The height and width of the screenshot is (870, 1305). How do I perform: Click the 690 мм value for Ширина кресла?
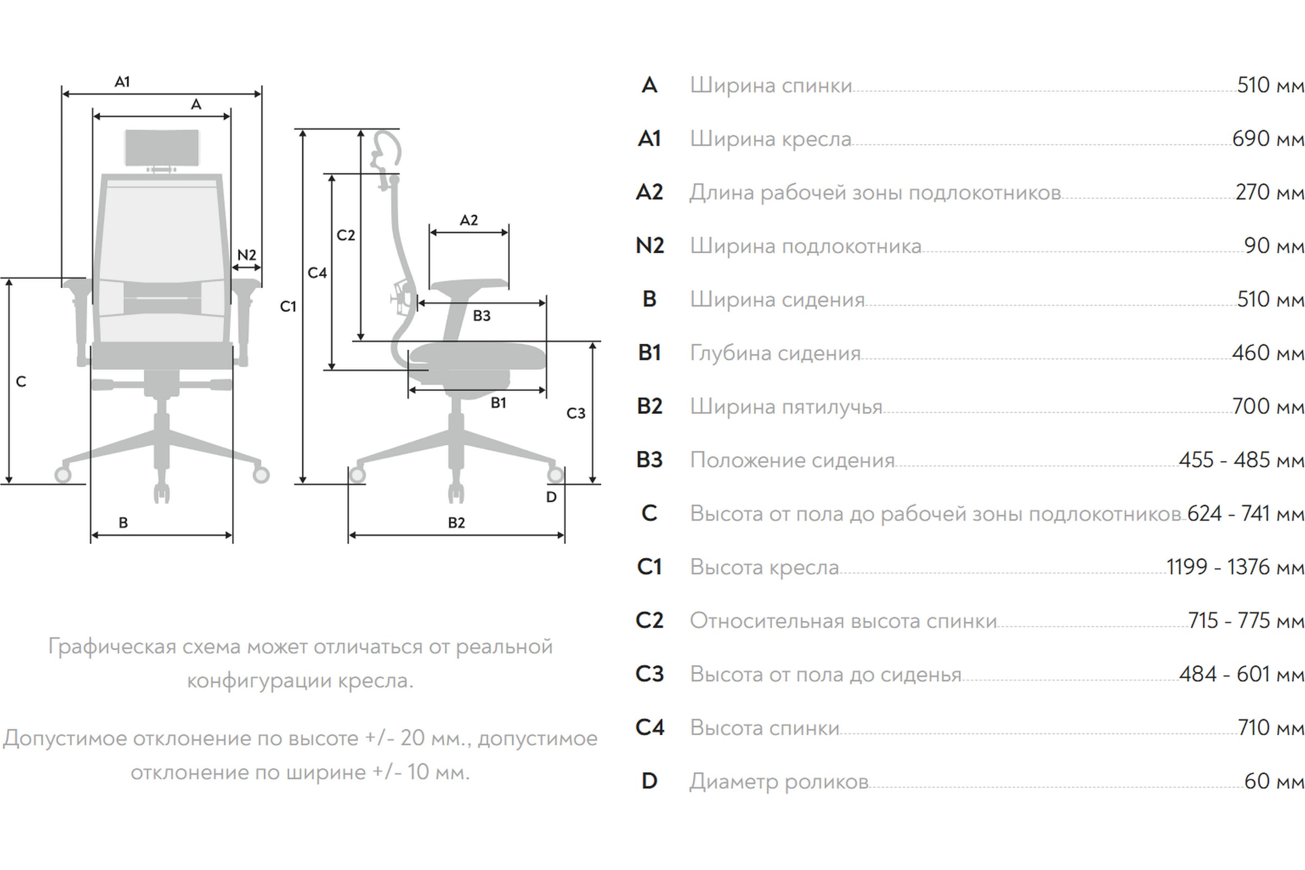point(1267,139)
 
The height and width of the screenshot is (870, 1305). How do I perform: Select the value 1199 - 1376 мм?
point(1234,567)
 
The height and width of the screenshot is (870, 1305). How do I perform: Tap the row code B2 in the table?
point(650,406)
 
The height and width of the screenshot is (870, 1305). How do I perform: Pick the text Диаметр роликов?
point(779,781)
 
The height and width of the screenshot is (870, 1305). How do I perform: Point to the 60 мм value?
point(1273,781)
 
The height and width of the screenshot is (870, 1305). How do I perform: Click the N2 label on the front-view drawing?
point(247,254)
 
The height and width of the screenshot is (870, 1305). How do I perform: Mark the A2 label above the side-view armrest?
point(469,220)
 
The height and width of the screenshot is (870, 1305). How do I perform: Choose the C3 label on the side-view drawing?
point(576,413)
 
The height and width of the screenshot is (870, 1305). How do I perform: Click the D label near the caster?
point(551,497)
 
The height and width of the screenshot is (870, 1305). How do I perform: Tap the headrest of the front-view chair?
point(162,147)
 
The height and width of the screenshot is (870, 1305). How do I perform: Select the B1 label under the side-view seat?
point(498,403)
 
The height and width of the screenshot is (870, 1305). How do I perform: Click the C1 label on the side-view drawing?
point(288,306)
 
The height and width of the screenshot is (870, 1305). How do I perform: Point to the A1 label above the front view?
point(122,82)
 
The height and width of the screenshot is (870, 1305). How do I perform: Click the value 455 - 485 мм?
point(1241,460)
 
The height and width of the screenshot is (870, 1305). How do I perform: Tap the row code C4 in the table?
point(650,728)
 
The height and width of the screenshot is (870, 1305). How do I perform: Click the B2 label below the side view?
point(456,523)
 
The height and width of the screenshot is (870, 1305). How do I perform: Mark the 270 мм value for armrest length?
point(1269,192)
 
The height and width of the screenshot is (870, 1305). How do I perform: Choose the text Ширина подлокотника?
point(806,246)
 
